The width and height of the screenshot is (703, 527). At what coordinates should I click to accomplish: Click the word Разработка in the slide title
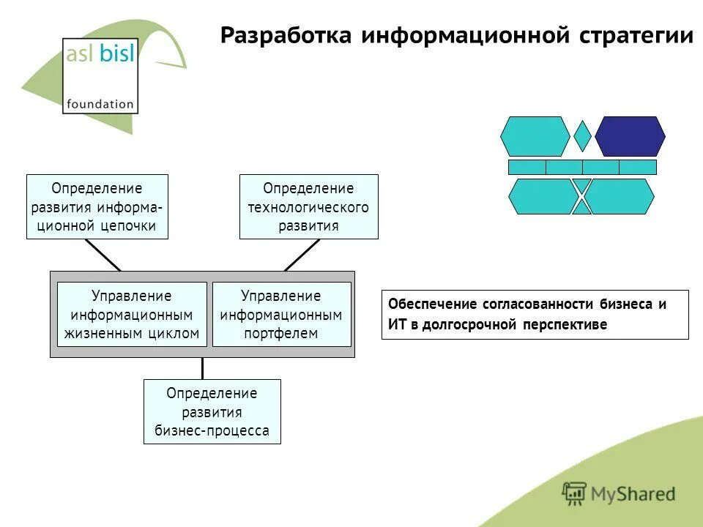tap(285, 36)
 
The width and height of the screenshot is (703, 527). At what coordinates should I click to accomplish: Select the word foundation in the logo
tap(100, 104)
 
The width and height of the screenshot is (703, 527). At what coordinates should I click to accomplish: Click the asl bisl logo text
tap(100, 56)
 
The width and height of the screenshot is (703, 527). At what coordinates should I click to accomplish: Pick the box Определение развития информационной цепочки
tap(97, 206)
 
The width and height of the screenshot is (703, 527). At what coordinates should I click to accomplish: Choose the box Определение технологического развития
tap(308, 206)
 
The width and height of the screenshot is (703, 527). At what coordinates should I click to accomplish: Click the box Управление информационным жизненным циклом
tap(132, 314)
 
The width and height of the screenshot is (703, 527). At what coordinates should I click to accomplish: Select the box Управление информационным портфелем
tap(281, 314)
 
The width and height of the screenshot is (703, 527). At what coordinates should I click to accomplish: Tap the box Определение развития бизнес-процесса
tap(212, 411)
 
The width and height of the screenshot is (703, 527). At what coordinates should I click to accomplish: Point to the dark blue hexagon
tap(630, 136)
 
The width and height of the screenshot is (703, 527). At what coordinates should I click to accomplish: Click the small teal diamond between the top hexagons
tap(582, 136)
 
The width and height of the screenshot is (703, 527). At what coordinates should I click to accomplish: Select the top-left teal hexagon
tap(535, 136)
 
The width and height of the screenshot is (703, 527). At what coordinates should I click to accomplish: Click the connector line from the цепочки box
tap(103, 255)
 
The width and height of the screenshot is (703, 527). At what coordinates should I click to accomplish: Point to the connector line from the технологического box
tap(302, 255)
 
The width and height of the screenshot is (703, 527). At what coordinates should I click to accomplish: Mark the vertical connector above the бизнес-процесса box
tap(202, 368)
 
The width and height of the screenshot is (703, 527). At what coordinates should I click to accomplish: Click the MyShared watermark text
tap(633, 494)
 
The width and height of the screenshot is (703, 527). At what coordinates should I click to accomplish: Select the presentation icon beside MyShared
tap(574, 493)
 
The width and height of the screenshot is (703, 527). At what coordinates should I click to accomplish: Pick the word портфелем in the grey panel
tap(281, 334)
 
